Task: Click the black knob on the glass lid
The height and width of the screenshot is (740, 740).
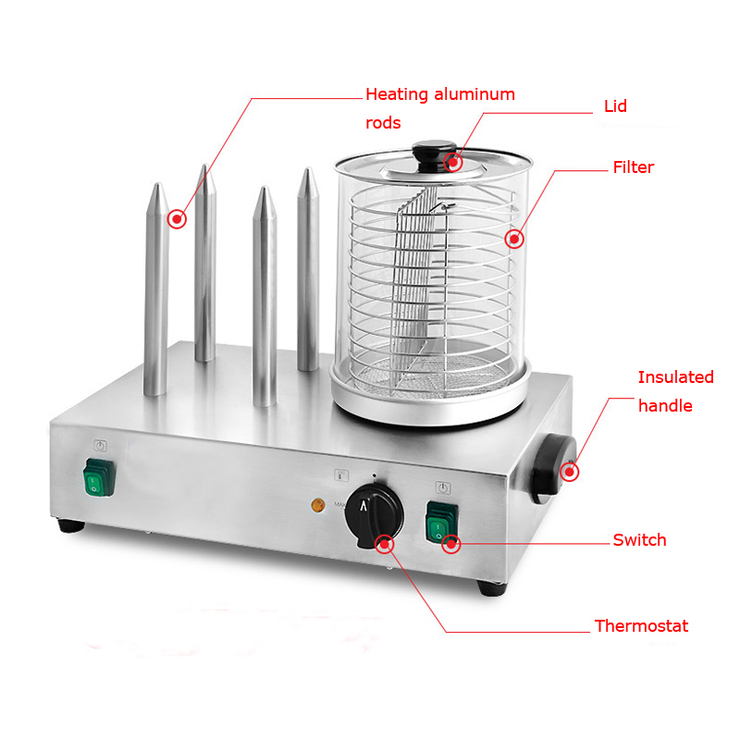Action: point(434,154)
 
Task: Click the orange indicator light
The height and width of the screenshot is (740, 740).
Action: point(318,505)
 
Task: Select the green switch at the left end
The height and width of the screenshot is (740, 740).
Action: point(99,477)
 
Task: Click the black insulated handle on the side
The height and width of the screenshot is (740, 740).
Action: point(553,469)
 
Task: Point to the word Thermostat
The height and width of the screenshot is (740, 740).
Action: point(641,626)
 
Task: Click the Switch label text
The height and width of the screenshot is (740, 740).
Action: point(639,540)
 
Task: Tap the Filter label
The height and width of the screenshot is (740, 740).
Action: point(634,167)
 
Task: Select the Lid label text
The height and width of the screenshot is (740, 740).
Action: point(615,106)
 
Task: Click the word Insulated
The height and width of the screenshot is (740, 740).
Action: point(675,377)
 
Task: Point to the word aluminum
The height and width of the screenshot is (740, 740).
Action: point(475,94)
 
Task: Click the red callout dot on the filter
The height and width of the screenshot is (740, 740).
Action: point(514,239)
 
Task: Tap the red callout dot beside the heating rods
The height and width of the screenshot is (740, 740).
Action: point(177,219)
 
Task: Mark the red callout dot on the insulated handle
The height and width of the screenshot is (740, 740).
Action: point(570,472)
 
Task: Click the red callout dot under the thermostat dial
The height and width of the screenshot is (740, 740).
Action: point(385,544)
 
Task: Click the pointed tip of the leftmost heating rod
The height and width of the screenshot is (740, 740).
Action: point(158,183)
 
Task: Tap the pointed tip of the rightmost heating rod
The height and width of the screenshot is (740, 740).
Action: point(308,168)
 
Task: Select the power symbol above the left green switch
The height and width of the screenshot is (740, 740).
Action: point(100,445)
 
